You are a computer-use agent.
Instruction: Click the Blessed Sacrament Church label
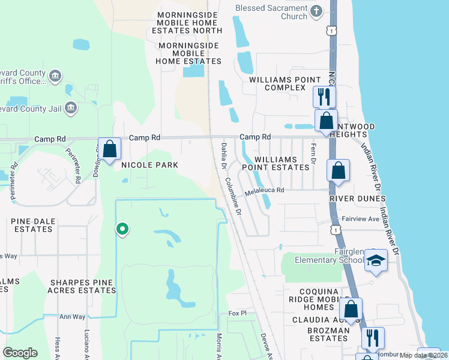click(x=271, y=12)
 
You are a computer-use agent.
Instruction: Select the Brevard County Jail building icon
click(x=71, y=107)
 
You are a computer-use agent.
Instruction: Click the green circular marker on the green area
click(x=122, y=229)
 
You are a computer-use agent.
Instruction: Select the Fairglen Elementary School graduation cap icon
click(x=376, y=260)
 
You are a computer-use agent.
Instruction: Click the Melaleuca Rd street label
click(x=264, y=190)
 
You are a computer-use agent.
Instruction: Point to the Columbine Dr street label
click(x=233, y=196)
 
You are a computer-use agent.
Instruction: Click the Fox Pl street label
click(x=238, y=314)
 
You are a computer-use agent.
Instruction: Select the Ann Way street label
click(x=72, y=316)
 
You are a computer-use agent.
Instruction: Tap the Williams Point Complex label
click(x=286, y=83)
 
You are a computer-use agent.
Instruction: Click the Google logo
click(x=20, y=353)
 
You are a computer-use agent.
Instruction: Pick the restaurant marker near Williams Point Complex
click(x=324, y=96)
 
